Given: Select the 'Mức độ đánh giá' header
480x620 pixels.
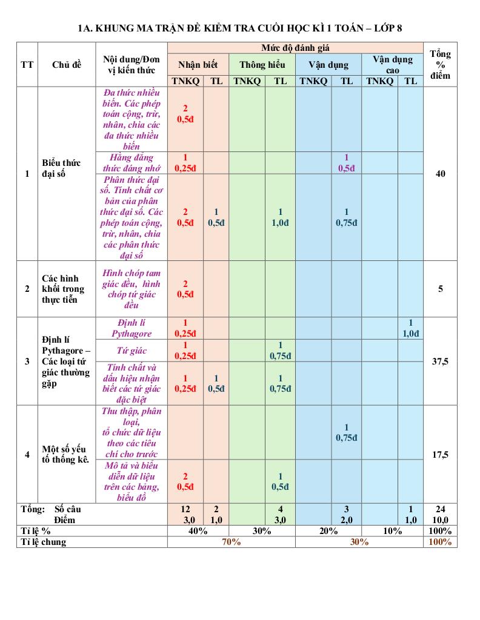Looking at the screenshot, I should tap(295, 48).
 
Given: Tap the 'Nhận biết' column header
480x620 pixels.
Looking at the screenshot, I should tap(198, 65).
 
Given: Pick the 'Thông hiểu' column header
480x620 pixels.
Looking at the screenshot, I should tap(262, 65).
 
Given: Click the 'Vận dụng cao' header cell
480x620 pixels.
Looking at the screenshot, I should tap(392, 65).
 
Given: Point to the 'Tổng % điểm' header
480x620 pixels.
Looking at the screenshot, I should tap(440, 65).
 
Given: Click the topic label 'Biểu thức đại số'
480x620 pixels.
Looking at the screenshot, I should tap(62, 168).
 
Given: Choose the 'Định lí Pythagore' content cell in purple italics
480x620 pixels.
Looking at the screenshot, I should tap(132, 328).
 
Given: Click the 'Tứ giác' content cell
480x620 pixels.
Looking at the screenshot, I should tap(132, 351).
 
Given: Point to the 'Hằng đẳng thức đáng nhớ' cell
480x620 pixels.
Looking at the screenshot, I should tap(132, 163).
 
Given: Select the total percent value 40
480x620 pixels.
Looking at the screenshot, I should tap(440, 174).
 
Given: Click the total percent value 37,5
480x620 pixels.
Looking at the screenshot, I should tap(440, 361).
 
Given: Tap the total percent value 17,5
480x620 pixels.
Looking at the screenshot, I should tap(440, 455).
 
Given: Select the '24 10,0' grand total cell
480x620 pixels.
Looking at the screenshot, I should tap(440, 514).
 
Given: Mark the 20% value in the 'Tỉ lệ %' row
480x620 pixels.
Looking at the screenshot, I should tap(328, 531).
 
